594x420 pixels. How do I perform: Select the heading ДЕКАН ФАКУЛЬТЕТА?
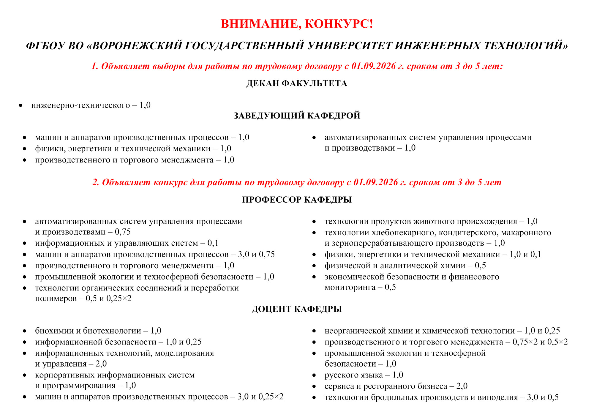(x=297, y=83)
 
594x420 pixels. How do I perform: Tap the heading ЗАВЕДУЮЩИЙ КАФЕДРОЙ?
(x=297, y=116)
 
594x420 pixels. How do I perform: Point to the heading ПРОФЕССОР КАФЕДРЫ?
(x=297, y=200)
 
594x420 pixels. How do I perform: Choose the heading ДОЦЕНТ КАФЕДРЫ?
(x=297, y=309)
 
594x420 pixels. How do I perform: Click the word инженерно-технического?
(x=80, y=105)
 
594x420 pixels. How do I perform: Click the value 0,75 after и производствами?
(x=123, y=232)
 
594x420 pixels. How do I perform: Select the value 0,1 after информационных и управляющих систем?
(x=213, y=243)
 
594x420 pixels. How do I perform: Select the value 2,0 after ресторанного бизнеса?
(x=462, y=386)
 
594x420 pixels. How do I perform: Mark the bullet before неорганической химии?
(x=314, y=331)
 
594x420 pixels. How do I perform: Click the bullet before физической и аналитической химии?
(x=314, y=266)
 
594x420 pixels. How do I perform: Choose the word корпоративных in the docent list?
(x=65, y=375)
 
